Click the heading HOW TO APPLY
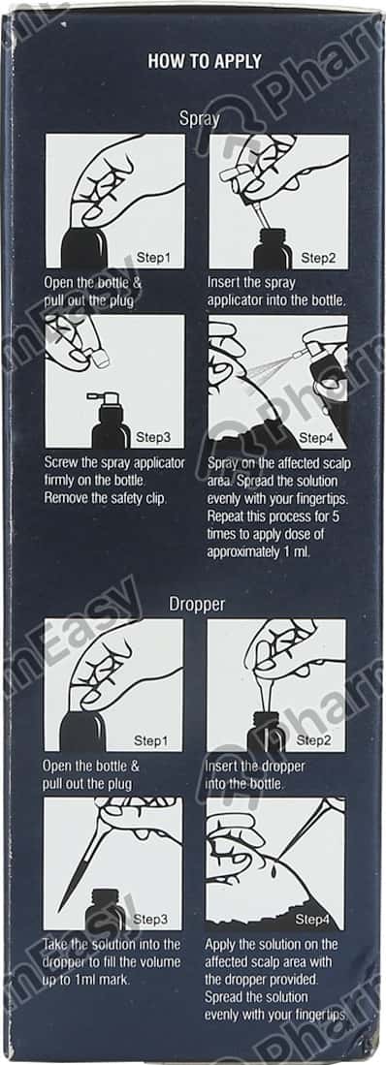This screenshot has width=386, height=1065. pyautogui.click(x=205, y=61)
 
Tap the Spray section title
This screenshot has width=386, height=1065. pyautogui.click(x=199, y=119)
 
